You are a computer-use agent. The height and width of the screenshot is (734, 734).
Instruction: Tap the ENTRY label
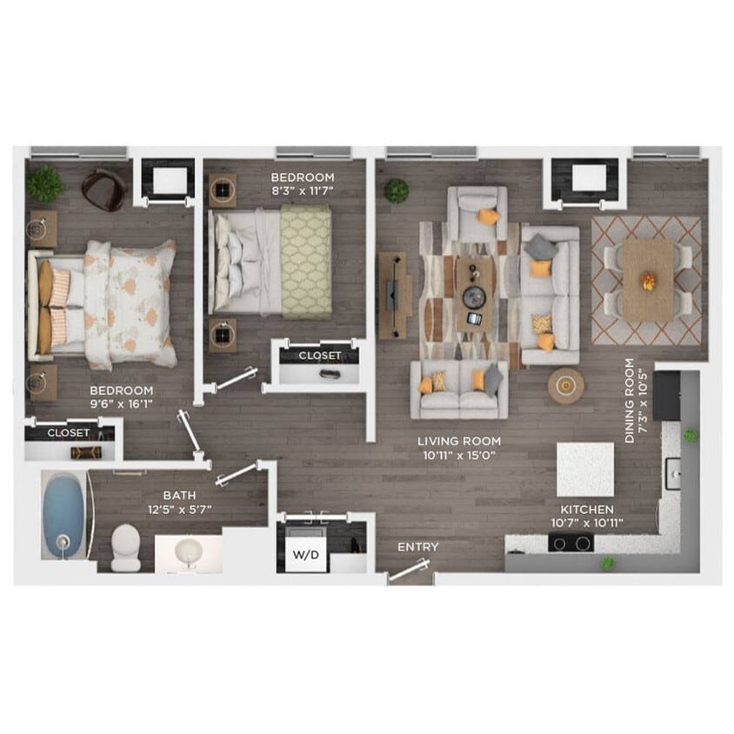[x=417, y=547]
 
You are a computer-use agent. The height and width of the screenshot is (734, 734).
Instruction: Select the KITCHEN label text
[x=587, y=509]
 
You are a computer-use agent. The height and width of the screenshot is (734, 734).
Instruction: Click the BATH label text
[x=179, y=496]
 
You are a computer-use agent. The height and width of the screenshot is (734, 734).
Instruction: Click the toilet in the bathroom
[x=125, y=549]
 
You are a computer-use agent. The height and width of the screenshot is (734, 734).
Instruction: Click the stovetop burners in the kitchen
[x=571, y=544]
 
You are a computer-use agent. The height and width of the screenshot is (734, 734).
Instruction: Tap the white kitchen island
[x=585, y=469]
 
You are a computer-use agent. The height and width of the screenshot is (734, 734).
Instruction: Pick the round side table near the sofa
[x=565, y=385]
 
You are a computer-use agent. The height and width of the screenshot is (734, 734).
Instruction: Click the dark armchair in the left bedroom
[x=103, y=190]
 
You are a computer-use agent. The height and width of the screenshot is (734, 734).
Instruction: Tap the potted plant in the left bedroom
[x=44, y=183]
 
